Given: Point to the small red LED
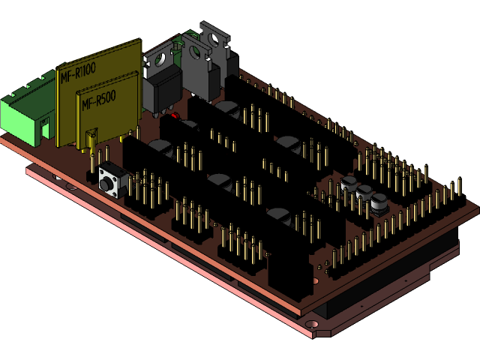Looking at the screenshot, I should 174,117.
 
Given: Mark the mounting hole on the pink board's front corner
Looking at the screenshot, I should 314,325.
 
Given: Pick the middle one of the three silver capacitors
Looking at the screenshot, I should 364,193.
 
